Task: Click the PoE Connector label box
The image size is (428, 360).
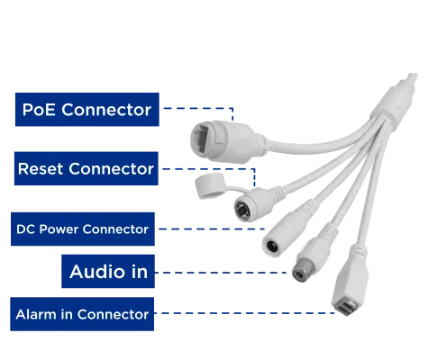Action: tap(87, 110)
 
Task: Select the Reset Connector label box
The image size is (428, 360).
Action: tap(87, 168)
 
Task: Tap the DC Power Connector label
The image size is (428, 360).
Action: tap(83, 229)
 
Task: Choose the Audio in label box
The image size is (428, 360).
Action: tap(108, 272)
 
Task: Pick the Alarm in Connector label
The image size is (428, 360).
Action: tap(82, 314)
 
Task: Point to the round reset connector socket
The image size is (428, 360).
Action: tap(242, 210)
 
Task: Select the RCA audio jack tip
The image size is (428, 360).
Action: tap(300, 274)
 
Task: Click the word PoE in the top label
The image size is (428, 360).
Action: tap(39, 110)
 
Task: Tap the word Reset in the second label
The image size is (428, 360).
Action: tap(41, 168)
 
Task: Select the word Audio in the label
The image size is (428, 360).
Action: tap(97, 272)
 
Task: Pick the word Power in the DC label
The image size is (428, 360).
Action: tap(59, 229)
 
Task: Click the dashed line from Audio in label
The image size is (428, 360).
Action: tap(221, 273)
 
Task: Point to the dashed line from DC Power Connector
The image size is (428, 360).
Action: tap(212, 229)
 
